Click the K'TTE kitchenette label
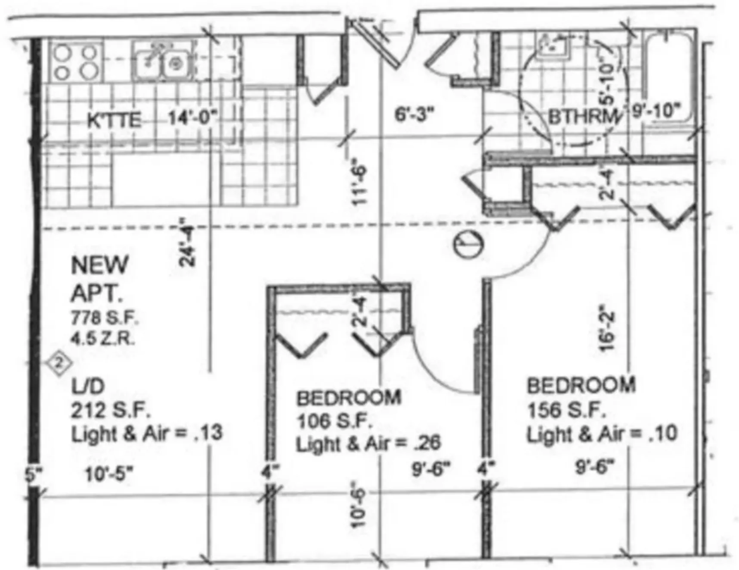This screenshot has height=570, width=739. [x=114, y=120]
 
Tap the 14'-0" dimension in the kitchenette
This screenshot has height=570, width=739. [x=192, y=117]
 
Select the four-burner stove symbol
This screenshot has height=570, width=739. [x=75, y=62]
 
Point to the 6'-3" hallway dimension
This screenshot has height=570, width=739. [x=414, y=114]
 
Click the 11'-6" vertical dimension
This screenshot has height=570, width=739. [x=359, y=182]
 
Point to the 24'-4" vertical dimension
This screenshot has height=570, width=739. [x=187, y=242]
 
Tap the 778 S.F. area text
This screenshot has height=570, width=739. [x=104, y=318]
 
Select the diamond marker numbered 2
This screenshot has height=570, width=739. [x=60, y=363]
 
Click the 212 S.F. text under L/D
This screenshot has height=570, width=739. [x=110, y=410]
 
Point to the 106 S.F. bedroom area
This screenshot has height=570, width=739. [x=334, y=421]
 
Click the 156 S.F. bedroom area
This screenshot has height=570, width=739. [x=566, y=410]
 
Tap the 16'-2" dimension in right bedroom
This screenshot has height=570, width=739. [x=607, y=328]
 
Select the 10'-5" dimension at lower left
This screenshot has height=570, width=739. [x=109, y=474]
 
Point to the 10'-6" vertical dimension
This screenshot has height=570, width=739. [x=358, y=507]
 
